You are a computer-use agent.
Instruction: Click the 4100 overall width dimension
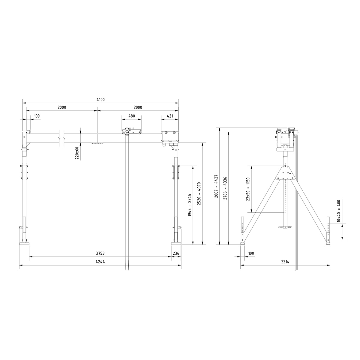click(x=100, y=100)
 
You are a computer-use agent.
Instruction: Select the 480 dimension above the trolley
click(x=131, y=116)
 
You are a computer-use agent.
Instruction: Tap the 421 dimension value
click(x=170, y=116)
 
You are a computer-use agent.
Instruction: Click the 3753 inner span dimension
click(x=100, y=253)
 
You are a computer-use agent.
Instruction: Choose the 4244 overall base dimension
click(x=100, y=262)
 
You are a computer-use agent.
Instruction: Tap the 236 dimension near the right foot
click(x=176, y=253)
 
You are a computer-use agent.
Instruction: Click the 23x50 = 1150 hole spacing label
click(x=248, y=189)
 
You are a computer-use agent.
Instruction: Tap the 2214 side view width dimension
click(x=285, y=262)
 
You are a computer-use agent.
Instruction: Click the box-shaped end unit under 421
click(x=170, y=136)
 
